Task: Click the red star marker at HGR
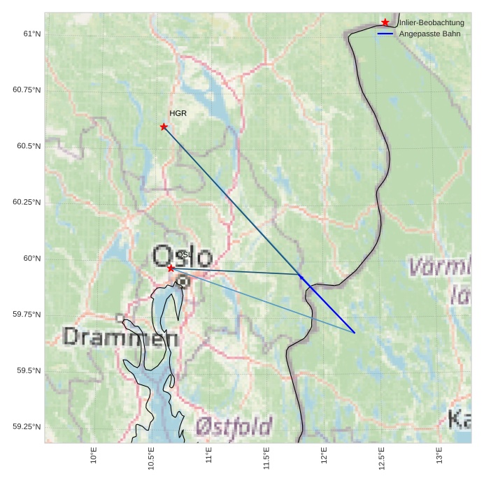pos(164,127)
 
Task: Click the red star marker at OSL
pos(171,268)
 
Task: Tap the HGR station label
pos(178,113)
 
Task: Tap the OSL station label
pos(183,254)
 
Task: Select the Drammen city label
pos(120,337)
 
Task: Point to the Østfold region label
pos(234,426)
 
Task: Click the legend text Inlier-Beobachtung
pos(432,22)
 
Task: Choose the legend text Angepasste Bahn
pos(429,34)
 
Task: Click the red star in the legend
pos(385,22)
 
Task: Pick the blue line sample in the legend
pos(385,34)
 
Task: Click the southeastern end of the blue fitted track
pos(355,333)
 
